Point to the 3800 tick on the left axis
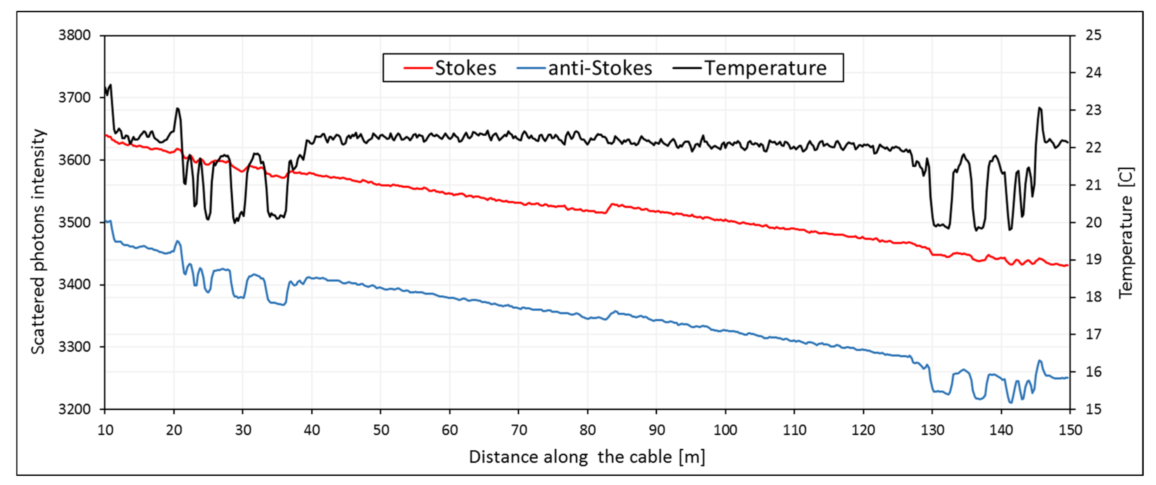(x=75, y=35)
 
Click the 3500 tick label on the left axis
(x=75, y=222)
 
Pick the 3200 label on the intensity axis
(x=75, y=409)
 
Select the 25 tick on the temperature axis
(x=1093, y=35)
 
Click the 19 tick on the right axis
(x=1093, y=259)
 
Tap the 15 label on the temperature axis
(x=1093, y=409)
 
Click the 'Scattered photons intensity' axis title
(x=39, y=242)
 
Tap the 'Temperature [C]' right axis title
(x=1126, y=233)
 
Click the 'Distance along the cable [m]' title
(x=587, y=457)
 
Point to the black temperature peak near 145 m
(x=1040, y=108)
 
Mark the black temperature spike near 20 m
(x=178, y=109)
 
